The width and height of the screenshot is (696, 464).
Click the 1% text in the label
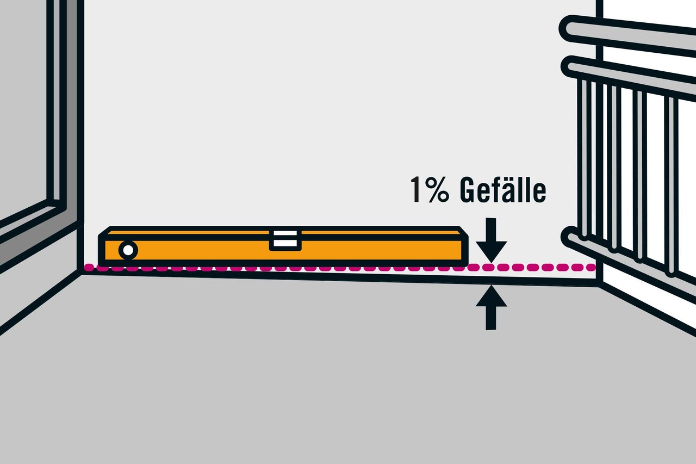tap(430, 190)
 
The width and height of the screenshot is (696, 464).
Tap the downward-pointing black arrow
tap(491, 240)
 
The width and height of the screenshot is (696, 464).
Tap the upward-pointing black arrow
tap(491, 308)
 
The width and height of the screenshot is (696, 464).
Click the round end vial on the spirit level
tap(128, 250)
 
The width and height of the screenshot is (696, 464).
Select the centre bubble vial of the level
tap(285, 240)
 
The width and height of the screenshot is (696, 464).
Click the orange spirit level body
tap(283, 246)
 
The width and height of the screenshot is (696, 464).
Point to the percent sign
tap(438, 190)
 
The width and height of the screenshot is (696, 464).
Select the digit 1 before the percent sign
tap(417, 190)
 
